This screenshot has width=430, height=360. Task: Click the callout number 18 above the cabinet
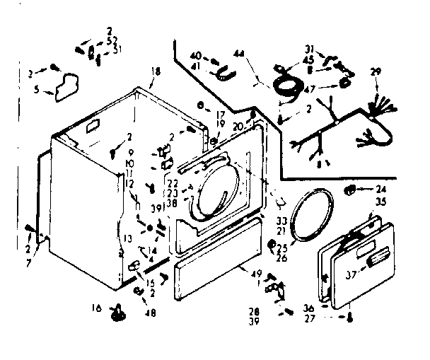coord(156,71)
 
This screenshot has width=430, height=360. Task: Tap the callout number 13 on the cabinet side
coord(127,237)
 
